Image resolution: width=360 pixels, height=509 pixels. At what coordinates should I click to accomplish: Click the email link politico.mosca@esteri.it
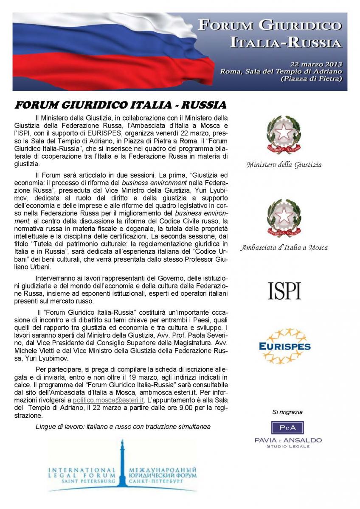click(108, 400)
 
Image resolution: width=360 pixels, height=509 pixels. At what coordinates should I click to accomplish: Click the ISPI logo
click(284, 291)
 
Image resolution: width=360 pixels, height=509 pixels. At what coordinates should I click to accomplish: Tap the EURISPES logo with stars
click(284, 346)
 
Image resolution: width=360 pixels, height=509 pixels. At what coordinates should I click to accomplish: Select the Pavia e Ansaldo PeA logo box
click(287, 427)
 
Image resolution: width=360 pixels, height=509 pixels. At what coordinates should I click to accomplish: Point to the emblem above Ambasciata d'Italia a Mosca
click(284, 219)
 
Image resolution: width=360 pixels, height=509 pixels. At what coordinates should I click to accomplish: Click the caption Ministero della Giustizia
click(284, 165)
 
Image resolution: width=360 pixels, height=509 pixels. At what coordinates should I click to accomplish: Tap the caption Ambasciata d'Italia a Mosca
click(284, 247)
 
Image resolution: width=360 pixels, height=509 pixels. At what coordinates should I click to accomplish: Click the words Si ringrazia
click(287, 412)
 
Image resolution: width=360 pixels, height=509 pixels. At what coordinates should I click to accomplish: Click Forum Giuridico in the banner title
click(270, 26)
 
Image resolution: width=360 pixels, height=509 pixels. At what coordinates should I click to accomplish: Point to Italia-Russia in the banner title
click(285, 42)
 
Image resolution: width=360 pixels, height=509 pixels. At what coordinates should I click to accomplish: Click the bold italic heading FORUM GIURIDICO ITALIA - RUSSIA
click(121, 105)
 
